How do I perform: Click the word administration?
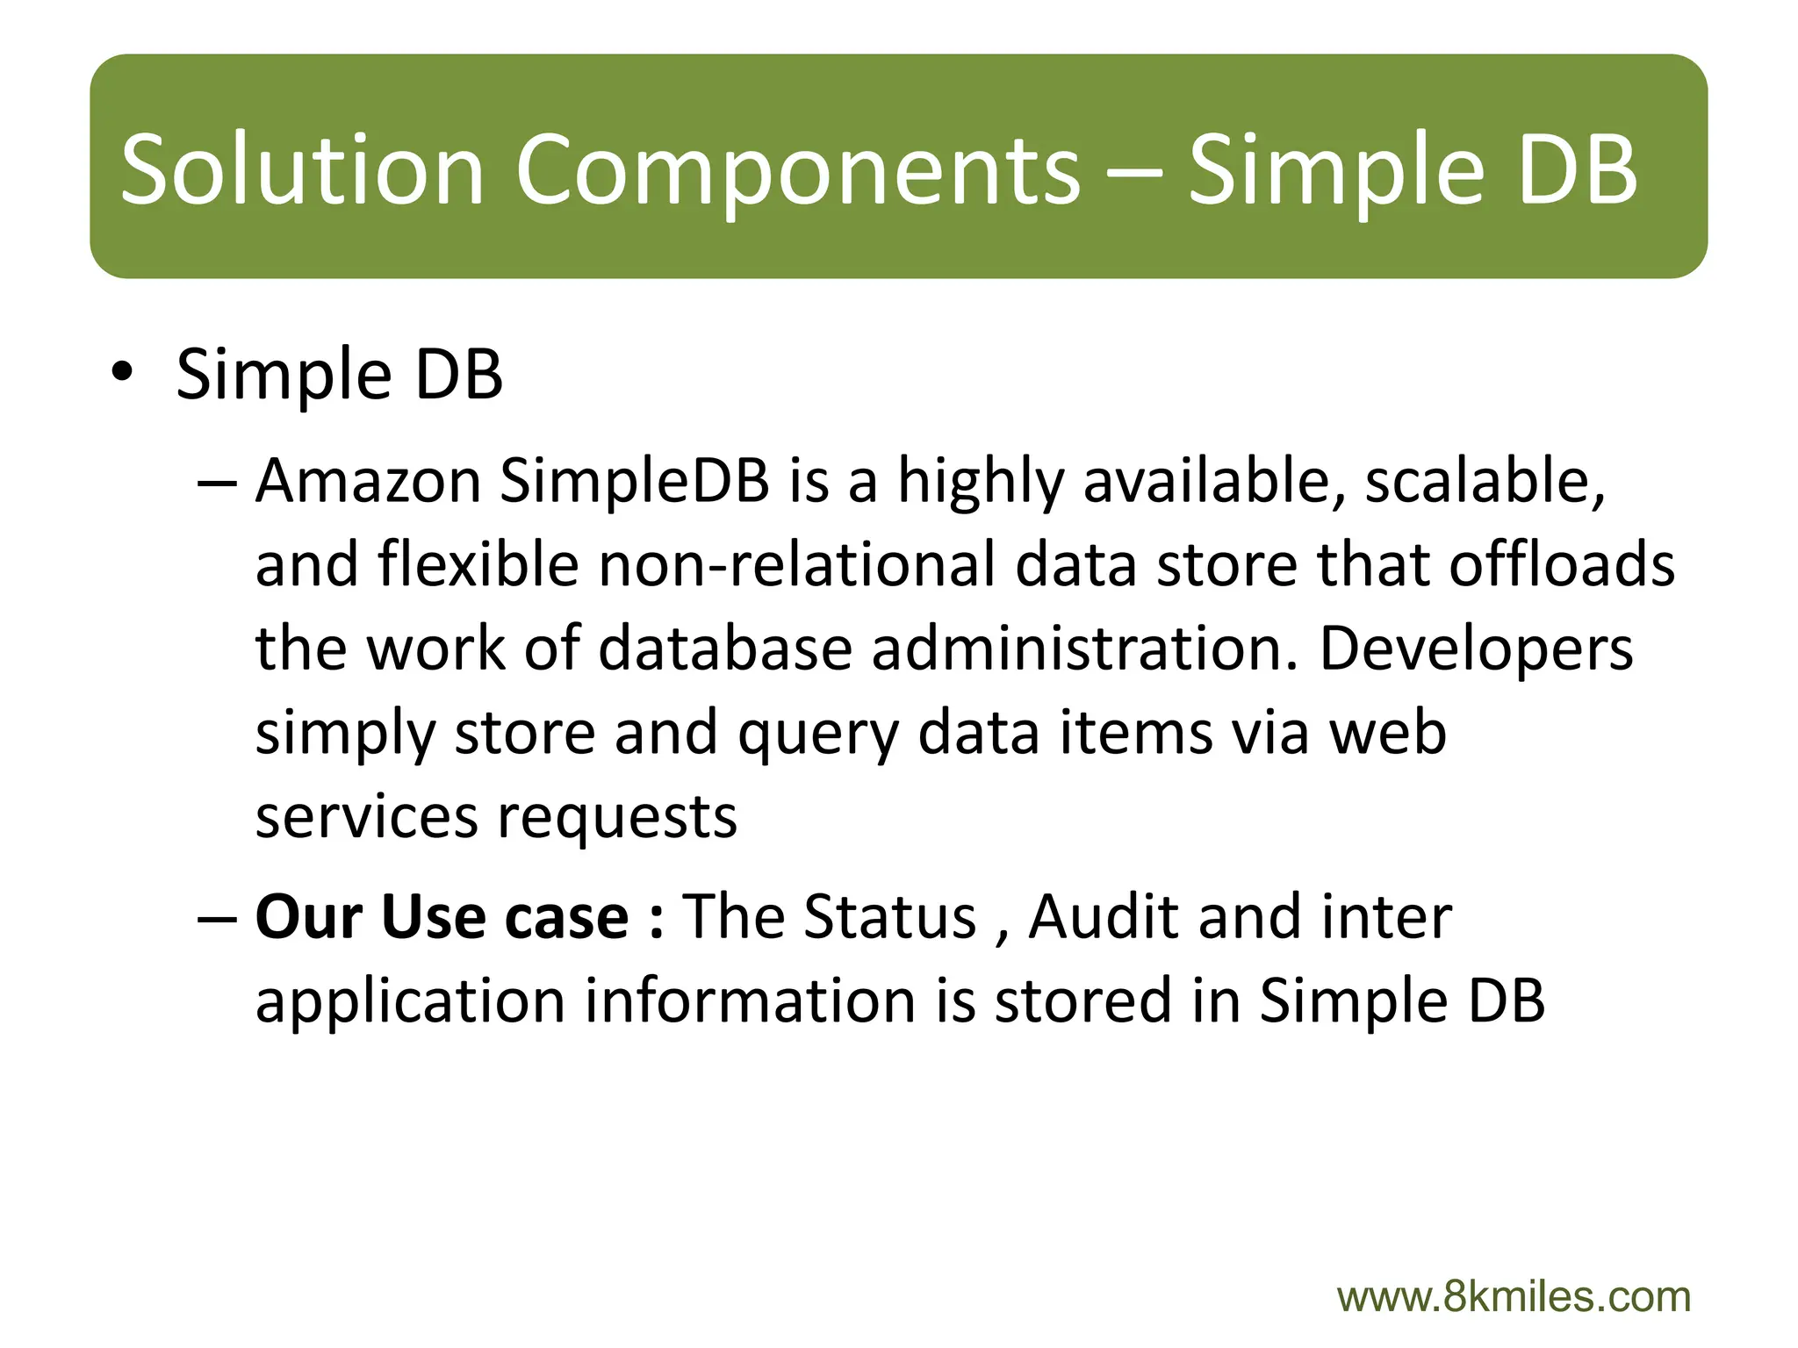[x=1084, y=649]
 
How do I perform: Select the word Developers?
[x=1476, y=649]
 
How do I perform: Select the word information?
[x=751, y=1000]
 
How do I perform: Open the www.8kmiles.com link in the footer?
[x=1514, y=1297]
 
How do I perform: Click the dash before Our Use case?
[x=217, y=917]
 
